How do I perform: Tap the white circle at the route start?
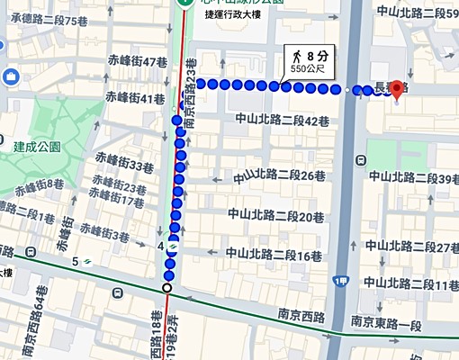[166, 288]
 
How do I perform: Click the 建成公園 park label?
[37, 146]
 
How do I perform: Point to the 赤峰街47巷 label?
[138, 62]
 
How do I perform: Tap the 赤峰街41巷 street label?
[135, 96]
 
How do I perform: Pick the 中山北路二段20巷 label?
[275, 215]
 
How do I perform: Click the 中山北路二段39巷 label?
[416, 180]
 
